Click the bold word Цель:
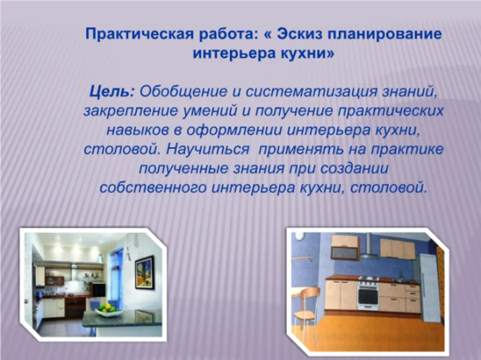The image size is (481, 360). click(x=112, y=92)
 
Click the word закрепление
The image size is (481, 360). click(x=130, y=111)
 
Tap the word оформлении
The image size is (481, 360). click(x=234, y=130)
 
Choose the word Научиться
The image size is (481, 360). click(x=208, y=149)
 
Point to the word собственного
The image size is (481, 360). click(x=153, y=188)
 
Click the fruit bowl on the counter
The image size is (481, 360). click(x=109, y=309)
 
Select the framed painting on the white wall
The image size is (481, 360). click(x=144, y=272)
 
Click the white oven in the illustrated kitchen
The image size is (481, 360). click(x=368, y=293)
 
